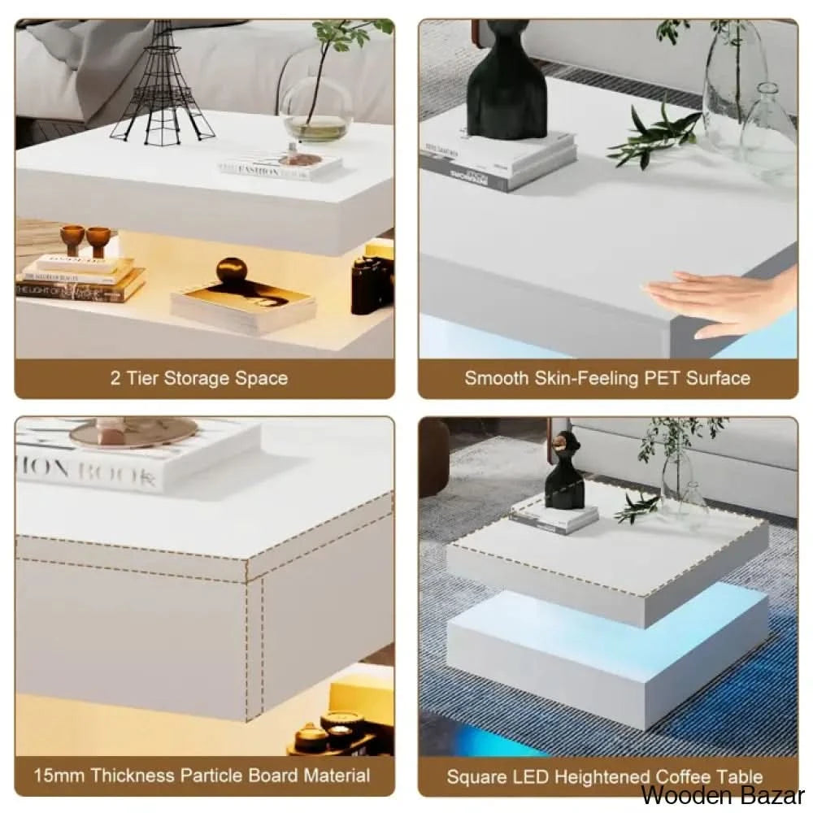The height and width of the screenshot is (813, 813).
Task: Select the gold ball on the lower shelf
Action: [230, 271]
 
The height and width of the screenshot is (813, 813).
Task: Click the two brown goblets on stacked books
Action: [85, 240]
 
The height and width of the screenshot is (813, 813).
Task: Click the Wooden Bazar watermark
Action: [723, 795]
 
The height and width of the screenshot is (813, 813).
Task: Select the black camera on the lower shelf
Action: [372, 285]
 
